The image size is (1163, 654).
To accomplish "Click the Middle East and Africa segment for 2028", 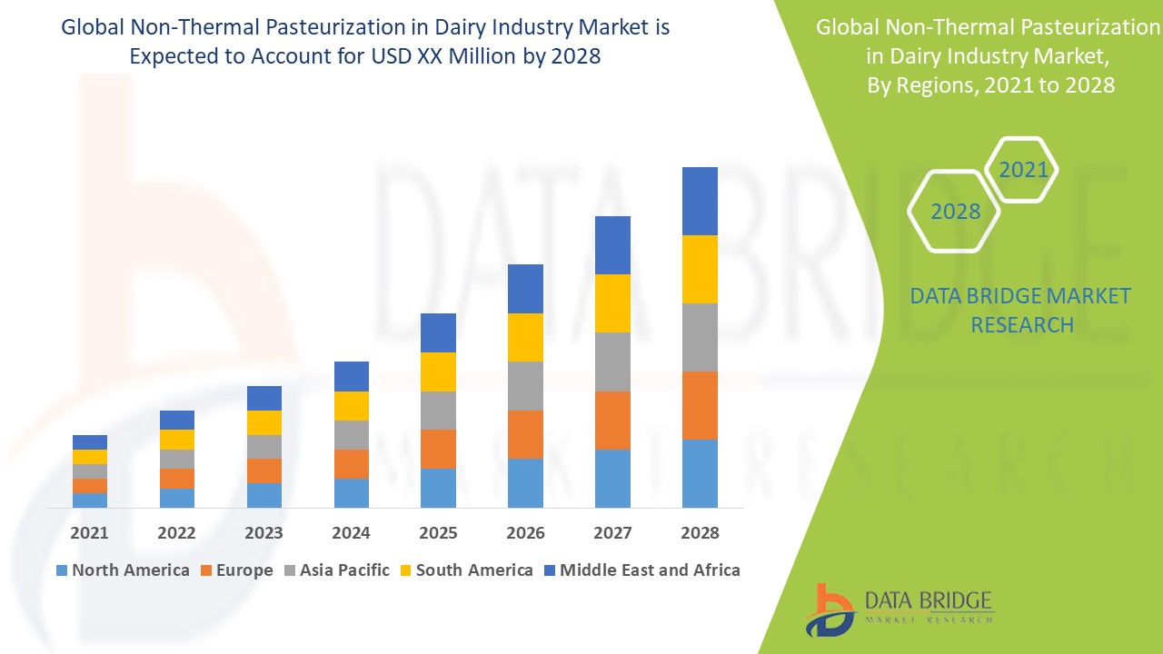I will coord(700,201).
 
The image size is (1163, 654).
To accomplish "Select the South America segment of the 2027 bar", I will coord(612,303).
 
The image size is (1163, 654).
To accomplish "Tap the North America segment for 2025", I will coord(438,488).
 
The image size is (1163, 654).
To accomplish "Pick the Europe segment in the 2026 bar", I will coord(525,434).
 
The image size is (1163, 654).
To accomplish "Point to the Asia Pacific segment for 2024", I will coord(352,435).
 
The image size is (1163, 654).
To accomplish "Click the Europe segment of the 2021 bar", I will coord(90,486).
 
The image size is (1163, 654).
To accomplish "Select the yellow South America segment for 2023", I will coord(264,422).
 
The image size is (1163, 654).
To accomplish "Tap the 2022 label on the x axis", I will coord(176,533).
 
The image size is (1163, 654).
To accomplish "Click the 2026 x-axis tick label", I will coord(525,533).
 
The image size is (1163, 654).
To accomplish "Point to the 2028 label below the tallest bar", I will coord(700,533).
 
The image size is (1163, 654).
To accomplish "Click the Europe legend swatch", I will coord(207,570).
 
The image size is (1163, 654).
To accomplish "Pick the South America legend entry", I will coord(466,570).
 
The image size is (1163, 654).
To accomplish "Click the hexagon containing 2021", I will coord(1022,170).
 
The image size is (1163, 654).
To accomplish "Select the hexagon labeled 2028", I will coord(955,212).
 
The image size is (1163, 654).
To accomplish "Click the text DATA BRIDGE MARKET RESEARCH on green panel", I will coord(1021,311).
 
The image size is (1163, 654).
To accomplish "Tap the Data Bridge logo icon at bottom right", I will coord(830,609).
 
